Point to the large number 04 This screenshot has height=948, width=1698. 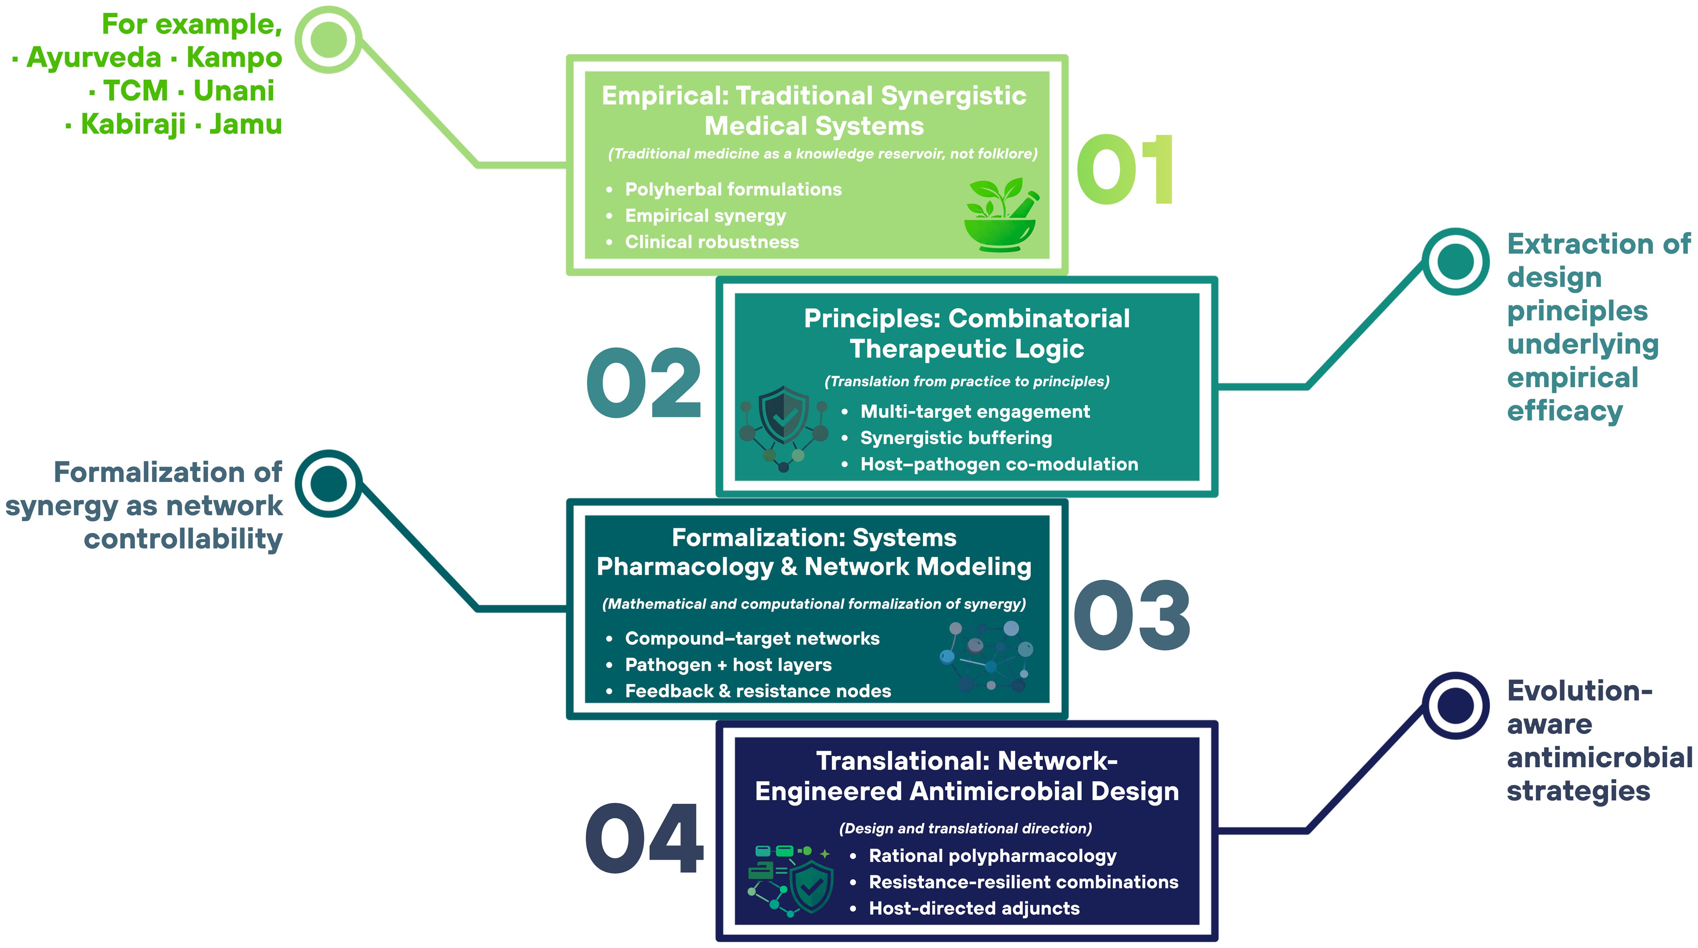[644, 839]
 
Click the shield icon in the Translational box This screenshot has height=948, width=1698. [811, 887]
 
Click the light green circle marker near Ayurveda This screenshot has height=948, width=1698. [328, 40]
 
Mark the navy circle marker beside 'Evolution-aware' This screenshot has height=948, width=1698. [1455, 705]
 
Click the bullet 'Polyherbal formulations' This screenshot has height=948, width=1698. [733, 189]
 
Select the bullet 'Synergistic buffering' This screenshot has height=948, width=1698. [956, 438]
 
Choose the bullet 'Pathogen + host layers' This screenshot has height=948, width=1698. [728, 664]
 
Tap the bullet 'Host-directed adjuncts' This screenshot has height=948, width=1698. [974, 908]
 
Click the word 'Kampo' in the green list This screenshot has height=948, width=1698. [234, 58]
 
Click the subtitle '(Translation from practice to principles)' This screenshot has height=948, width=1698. [966, 381]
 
